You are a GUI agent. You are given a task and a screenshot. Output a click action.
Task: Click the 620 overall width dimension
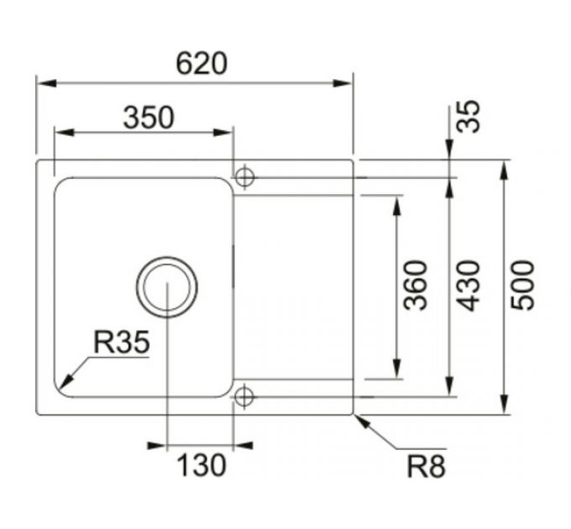pyautogui.click(x=202, y=63)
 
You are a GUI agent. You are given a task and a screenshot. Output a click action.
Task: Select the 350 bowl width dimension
pyautogui.click(x=149, y=118)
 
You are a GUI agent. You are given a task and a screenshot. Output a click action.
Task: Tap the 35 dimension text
pyautogui.click(x=471, y=117)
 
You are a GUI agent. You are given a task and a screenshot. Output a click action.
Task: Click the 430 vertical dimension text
pyautogui.click(x=469, y=285)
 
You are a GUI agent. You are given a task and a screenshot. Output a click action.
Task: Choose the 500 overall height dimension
pyautogui.click(x=522, y=285)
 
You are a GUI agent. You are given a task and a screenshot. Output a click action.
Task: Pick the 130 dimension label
pyautogui.click(x=202, y=464)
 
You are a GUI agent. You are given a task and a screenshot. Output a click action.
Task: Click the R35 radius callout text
pyautogui.click(x=121, y=342)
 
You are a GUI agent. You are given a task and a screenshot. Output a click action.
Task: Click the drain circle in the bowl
pyautogui.click(x=168, y=285)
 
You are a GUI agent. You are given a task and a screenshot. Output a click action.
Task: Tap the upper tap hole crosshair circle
pyautogui.click(x=244, y=176)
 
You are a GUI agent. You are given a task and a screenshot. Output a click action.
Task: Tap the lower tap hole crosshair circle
pyautogui.click(x=244, y=395)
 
